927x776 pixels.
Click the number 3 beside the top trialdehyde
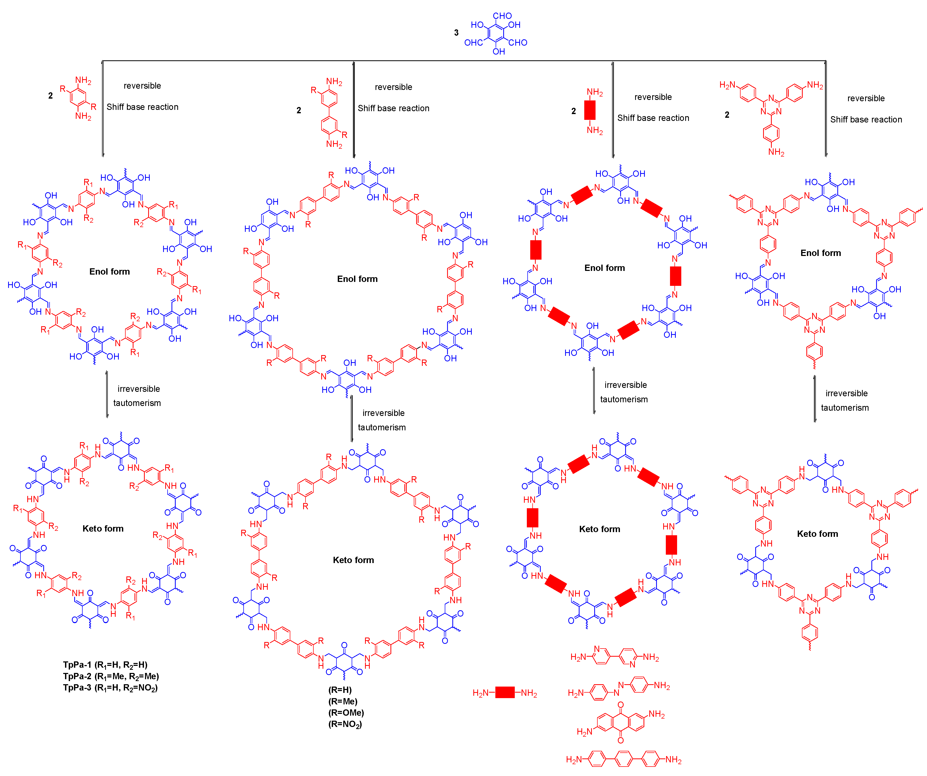pos(457,33)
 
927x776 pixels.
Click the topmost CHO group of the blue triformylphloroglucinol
pos(502,16)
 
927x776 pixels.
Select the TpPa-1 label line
pos(105,665)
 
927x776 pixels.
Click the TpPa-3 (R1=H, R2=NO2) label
pos(110,688)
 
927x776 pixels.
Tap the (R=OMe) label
pos(346,713)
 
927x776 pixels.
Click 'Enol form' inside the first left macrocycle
pos(109,271)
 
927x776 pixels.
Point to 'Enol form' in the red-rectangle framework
pos(604,268)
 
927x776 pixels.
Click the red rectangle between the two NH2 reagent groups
pos(590,110)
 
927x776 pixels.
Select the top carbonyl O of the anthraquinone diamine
pos(621,705)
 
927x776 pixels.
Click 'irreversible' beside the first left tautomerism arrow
pos(139,389)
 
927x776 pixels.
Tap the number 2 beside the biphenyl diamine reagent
pos(299,110)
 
